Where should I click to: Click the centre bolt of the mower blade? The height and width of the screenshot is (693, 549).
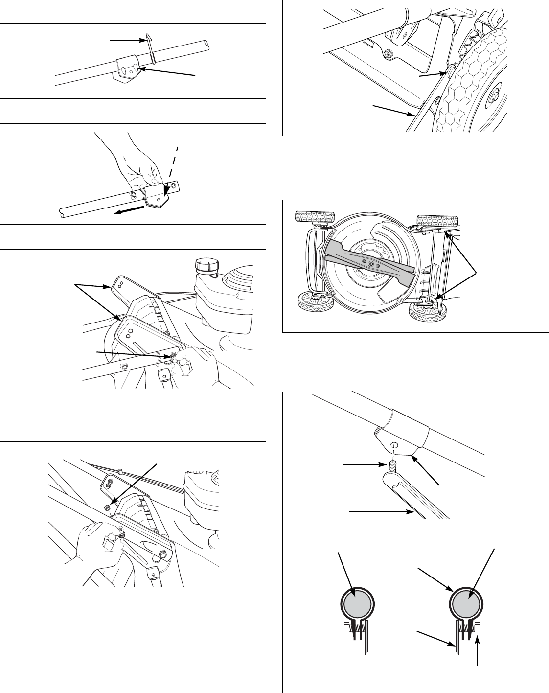pos(370,264)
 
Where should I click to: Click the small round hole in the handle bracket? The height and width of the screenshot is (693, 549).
pos(394,445)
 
